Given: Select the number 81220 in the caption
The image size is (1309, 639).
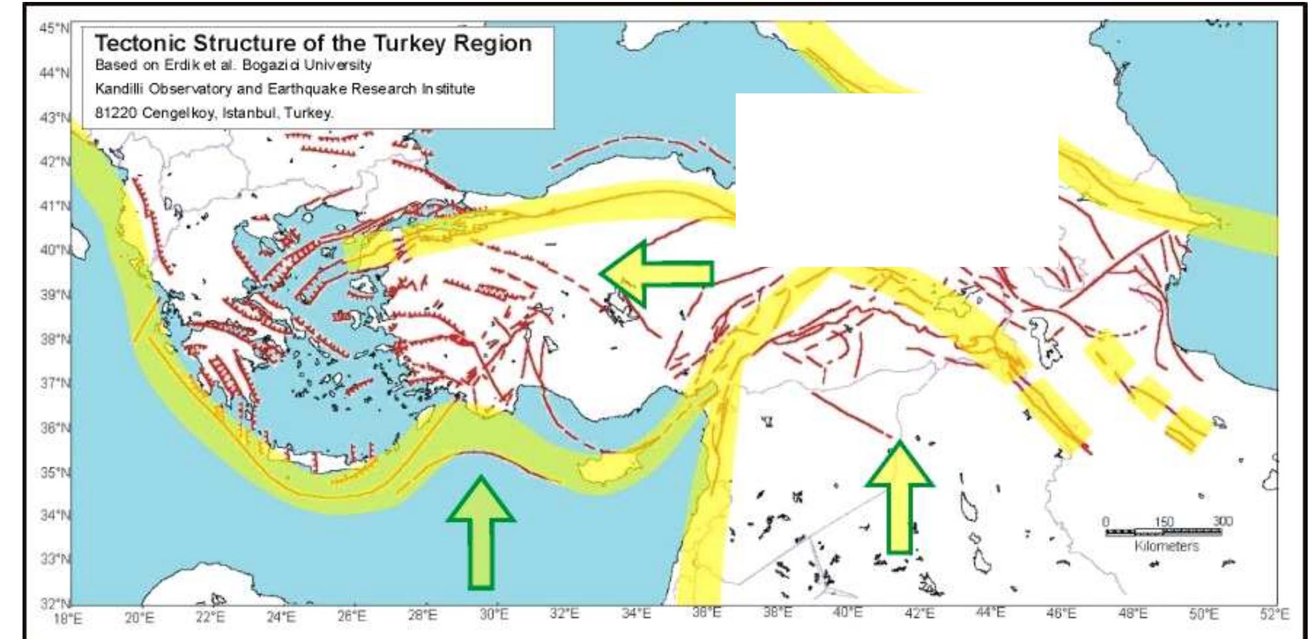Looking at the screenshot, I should click(x=115, y=113).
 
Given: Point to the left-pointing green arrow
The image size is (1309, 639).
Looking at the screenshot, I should click(x=655, y=273).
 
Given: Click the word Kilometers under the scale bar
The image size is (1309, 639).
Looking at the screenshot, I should click(x=1167, y=546).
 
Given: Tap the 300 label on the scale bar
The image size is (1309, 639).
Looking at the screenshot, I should click(x=1222, y=522).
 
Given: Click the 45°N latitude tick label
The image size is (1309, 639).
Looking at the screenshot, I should click(x=54, y=28).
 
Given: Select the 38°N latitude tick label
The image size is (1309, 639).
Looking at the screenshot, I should click(x=54, y=339).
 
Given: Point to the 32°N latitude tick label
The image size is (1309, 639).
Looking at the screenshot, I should click(x=54, y=604).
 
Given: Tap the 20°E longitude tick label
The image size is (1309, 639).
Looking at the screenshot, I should click(x=139, y=618).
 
